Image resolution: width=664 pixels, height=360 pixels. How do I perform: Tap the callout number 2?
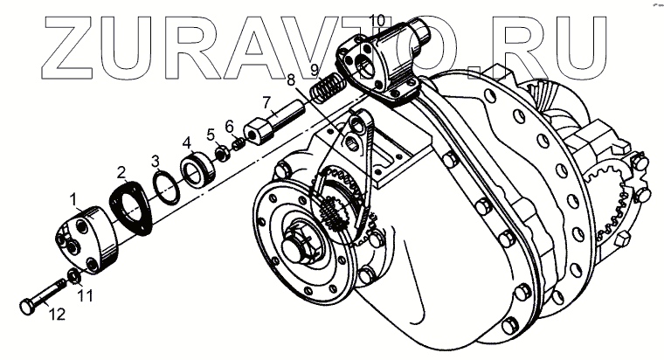tap(123, 172)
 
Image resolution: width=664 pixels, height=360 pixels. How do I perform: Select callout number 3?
tap(155, 161)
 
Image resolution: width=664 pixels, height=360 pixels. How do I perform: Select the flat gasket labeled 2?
tap(131, 209)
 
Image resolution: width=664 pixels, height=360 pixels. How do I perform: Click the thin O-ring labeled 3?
tap(162, 186)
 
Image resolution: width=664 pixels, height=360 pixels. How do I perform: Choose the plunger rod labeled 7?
tap(274, 123)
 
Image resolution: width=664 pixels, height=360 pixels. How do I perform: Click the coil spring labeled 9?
tap(327, 88)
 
